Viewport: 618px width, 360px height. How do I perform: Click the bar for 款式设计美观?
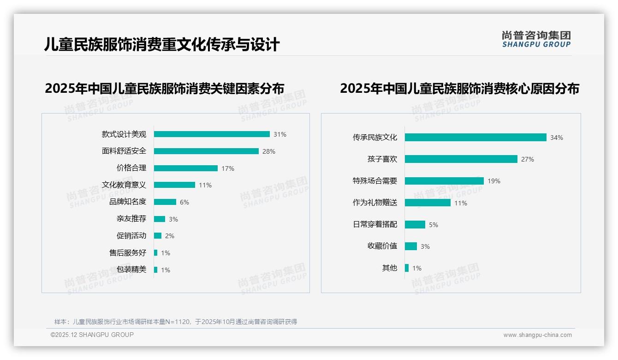(212, 134)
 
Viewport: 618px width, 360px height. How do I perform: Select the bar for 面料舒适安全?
(206, 151)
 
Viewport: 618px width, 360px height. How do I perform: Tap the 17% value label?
(228, 168)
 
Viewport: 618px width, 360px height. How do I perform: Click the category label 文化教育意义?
(124, 185)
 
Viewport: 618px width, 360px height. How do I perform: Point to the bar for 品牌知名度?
(165, 202)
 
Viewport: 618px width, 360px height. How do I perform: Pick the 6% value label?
(184, 202)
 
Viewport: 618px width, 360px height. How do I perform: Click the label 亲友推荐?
(131, 219)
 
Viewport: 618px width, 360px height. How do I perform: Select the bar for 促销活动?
(158, 235)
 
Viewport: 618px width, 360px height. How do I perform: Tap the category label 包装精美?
(131, 270)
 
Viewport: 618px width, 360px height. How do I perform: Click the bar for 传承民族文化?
(475, 137)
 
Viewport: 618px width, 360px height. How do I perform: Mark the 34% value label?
(556, 138)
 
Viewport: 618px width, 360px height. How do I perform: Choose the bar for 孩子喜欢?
(461, 159)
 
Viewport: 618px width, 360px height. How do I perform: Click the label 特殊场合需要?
(375, 181)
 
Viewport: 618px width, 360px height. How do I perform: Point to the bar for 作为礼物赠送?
(428, 203)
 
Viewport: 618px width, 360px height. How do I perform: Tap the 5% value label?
(434, 225)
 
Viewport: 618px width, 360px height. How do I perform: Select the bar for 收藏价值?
(411, 246)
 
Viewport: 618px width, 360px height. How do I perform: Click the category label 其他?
(389, 268)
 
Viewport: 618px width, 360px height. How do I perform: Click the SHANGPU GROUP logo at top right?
(536, 39)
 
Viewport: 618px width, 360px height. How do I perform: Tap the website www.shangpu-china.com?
(537, 335)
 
